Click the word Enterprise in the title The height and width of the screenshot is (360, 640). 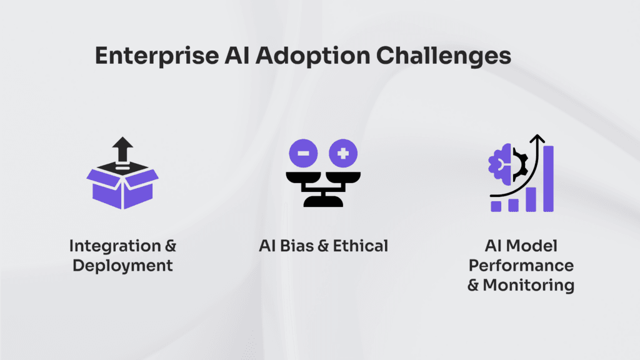coord(157,56)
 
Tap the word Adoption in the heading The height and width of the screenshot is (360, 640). coord(312,56)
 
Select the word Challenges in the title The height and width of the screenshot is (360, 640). coord(443,56)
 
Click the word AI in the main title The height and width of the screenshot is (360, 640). coord(237,55)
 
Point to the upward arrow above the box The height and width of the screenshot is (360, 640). coord(122,149)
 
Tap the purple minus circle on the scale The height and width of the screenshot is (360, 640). coord(303,154)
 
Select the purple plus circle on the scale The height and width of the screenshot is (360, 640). coord(343,154)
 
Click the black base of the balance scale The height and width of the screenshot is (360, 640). coord(323,201)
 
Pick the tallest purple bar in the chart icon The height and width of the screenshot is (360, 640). coord(549,179)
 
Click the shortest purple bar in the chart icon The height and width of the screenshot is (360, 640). coord(496,206)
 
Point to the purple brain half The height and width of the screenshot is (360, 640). coord(500,162)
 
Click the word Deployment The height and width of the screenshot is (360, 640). coord(122,266)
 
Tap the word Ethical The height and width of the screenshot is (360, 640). coord(361,246)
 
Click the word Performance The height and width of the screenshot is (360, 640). coord(521,266)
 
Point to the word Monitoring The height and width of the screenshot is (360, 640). coord(529,285)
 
